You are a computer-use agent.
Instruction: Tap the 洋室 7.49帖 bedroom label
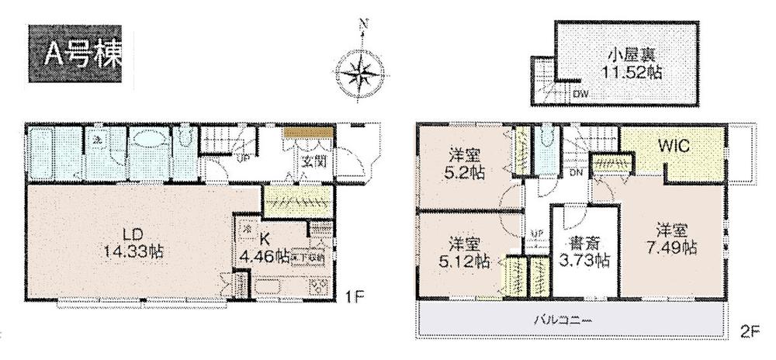[x=674, y=239]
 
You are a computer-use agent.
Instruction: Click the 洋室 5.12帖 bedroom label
[x=463, y=250]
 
